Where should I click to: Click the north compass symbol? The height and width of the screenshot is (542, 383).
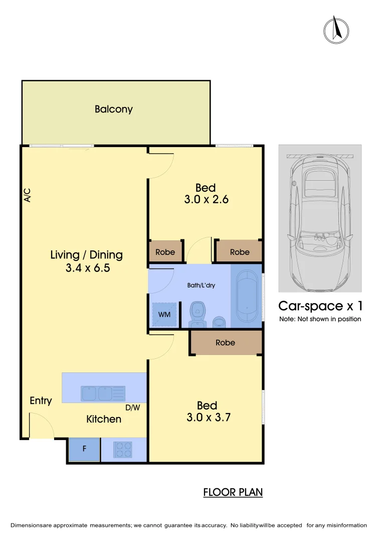(336, 30)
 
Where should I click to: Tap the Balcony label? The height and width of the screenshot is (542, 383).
(114, 109)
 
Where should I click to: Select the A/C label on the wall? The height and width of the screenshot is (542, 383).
(28, 195)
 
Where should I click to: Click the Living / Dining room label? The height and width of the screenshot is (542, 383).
(87, 254)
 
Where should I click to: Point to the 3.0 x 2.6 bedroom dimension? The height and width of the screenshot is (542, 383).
(206, 199)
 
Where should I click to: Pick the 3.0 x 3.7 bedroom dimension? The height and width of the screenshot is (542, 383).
(208, 417)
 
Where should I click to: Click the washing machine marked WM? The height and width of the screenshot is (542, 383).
(164, 315)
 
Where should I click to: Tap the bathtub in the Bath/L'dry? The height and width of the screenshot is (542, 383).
(246, 297)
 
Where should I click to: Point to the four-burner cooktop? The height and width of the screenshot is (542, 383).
(123, 449)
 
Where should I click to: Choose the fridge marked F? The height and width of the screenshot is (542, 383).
(84, 450)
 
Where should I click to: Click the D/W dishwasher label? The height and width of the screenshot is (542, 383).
(133, 408)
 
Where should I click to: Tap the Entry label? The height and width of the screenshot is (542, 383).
(41, 400)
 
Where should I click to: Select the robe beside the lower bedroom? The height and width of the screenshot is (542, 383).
(226, 343)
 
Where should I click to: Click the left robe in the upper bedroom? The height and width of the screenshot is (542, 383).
(165, 252)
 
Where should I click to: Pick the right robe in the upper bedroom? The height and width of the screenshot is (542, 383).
(240, 252)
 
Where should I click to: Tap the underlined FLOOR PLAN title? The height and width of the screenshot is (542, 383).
(233, 492)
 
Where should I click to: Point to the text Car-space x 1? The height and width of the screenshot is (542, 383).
(320, 306)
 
